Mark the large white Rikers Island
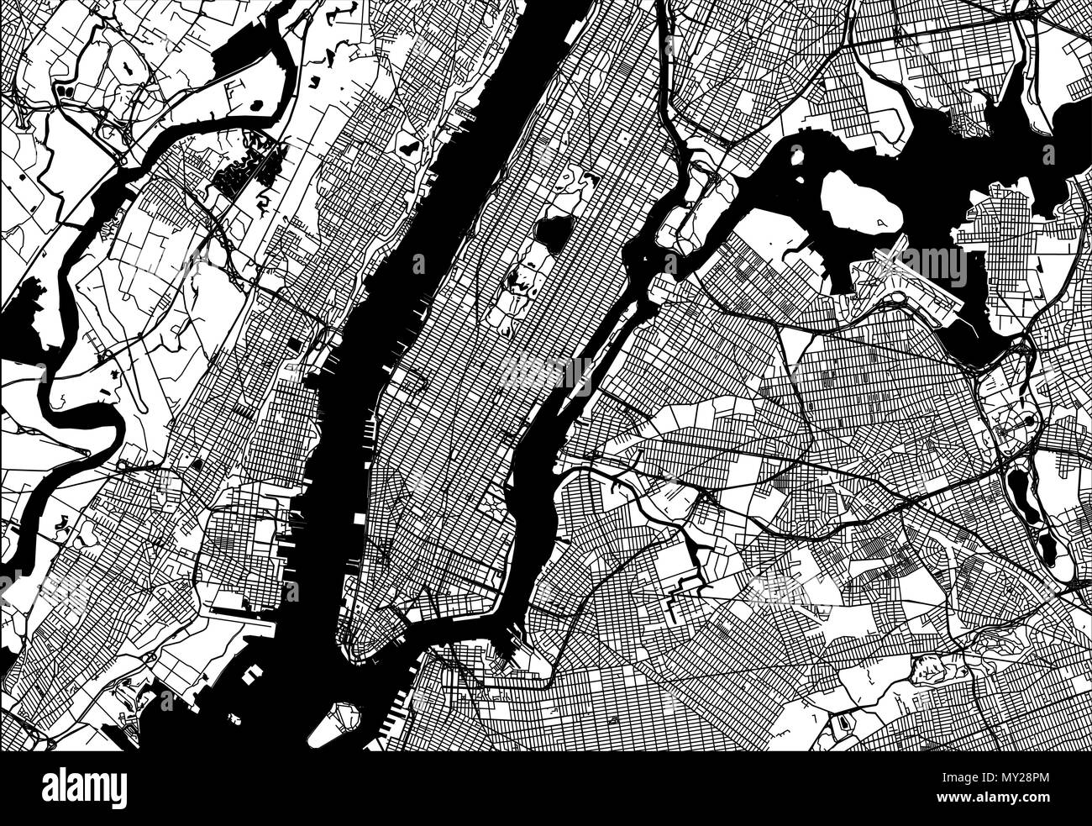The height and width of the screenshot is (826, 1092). click(x=858, y=203)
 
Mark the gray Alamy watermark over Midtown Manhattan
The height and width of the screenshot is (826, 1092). click(x=547, y=370)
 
